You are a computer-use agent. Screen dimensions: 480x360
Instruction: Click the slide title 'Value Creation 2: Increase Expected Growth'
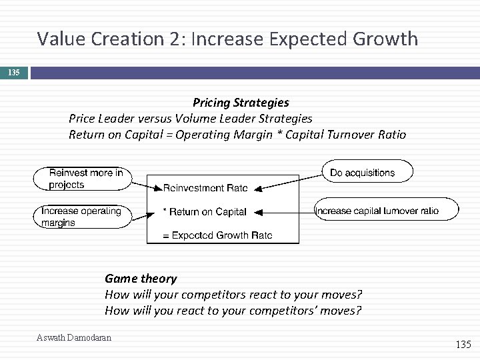[227, 39]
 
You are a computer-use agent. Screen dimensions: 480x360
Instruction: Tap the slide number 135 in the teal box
[14, 71]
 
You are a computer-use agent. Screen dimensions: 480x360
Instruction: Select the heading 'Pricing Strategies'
[241, 103]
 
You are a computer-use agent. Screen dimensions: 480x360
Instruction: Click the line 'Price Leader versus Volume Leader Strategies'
[190, 119]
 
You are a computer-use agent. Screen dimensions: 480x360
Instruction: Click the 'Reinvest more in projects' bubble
[82, 179]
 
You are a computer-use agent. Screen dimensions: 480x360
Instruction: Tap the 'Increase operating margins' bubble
[82, 217]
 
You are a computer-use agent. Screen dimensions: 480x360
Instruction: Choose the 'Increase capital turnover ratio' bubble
[386, 211]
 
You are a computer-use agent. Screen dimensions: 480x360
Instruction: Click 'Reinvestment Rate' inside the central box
[205, 189]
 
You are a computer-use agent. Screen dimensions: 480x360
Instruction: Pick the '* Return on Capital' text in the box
[205, 212]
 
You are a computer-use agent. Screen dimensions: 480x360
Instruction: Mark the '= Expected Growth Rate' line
[217, 235]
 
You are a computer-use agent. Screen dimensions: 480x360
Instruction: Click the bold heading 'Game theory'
[141, 279]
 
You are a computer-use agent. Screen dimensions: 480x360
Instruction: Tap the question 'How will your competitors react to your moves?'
[233, 295]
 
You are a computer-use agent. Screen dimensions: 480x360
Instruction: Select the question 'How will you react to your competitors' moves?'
[233, 311]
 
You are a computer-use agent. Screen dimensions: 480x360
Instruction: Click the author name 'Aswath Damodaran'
[74, 338]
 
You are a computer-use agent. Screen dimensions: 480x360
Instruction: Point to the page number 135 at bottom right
[462, 345]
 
